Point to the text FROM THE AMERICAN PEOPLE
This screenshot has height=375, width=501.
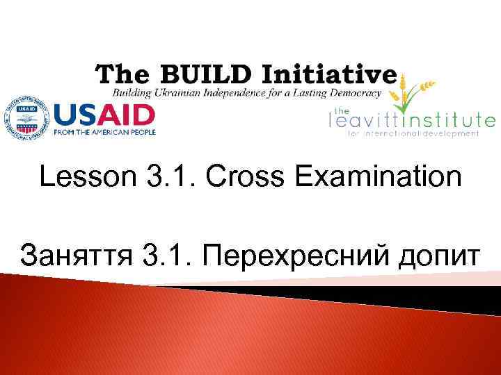click(104, 131)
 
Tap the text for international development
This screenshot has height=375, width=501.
click(413, 133)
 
